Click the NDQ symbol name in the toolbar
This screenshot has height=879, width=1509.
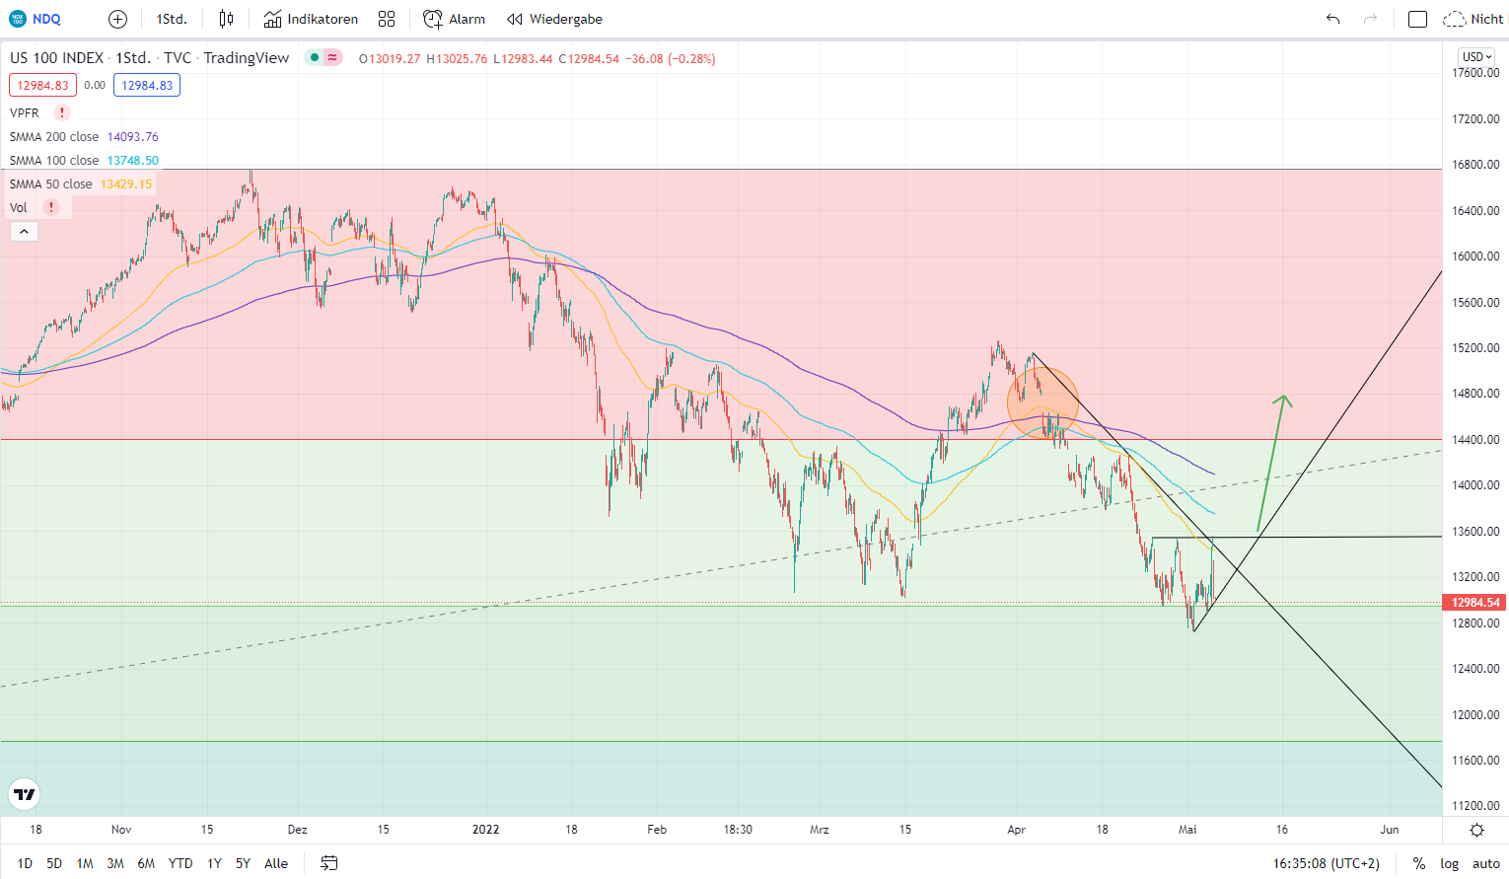coord(46,19)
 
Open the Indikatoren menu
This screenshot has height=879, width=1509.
coord(311,19)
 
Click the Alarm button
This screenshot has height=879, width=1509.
coord(454,19)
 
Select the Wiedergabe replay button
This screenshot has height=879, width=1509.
coord(554,19)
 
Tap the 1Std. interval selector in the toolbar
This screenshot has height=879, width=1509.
coord(172,19)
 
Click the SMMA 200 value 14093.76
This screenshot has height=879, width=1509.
coord(132,137)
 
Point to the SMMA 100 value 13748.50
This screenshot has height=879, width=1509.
coord(132,161)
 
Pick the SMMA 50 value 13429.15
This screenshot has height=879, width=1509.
coord(126,184)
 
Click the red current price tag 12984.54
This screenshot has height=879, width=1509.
coord(1475,602)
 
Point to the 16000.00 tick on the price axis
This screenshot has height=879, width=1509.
coord(1475,256)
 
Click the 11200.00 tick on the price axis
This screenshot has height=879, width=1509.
coord(1475,806)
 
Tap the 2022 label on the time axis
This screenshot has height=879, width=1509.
coord(485,830)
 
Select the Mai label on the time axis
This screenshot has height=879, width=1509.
coord(1187,830)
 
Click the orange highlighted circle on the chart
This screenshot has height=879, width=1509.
coord(1042,403)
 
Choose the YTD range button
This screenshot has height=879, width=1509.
coord(180,863)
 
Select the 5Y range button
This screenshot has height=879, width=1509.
coord(243,863)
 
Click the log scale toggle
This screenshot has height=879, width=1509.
coord(1449,863)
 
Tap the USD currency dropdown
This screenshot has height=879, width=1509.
coord(1476,57)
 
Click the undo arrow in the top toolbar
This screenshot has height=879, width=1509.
coord(1332,19)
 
